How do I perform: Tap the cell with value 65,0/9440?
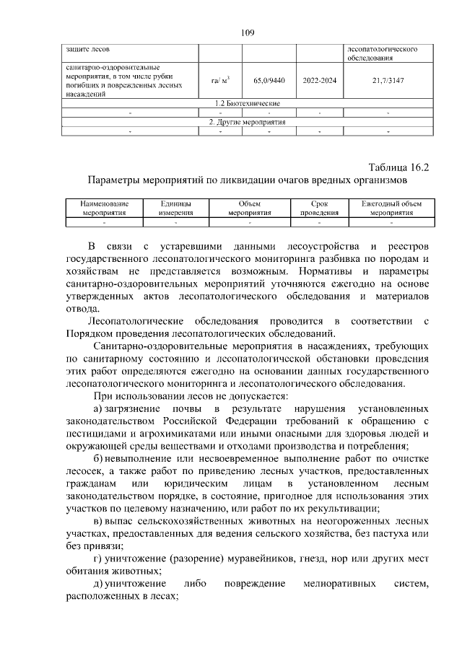click(x=265, y=81)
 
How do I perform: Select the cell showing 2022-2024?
click(x=320, y=81)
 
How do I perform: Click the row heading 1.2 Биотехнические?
click(x=243, y=104)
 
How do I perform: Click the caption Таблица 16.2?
click(x=398, y=167)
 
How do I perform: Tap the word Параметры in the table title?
click(x=118, y=180)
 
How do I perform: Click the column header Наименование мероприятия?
click(x=105, y=209)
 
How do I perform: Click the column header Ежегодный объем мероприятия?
click(x=391, y=209)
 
